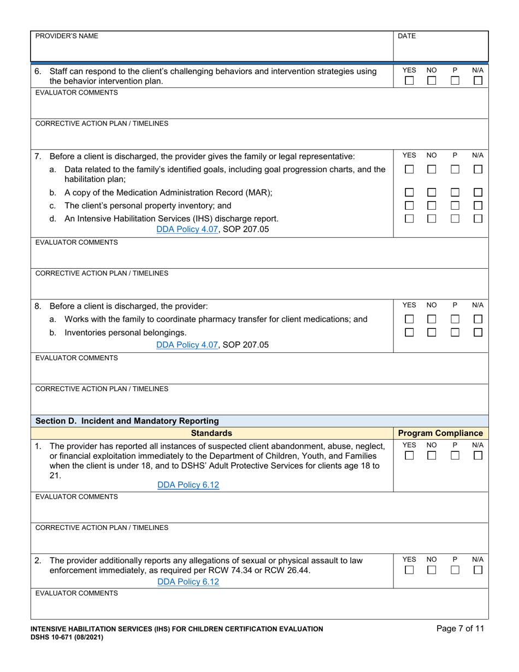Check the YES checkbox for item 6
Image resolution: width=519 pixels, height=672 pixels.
[x=409, y=81]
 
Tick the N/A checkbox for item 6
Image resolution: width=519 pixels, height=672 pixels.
[x=477, y=81]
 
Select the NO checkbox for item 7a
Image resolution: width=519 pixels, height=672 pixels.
[x=432, y=170]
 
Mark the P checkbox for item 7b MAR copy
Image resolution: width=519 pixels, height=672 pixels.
[x=455, y=193]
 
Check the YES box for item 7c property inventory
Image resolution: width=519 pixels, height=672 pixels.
[x=409, y=205]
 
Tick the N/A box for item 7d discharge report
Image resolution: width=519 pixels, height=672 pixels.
[x=477, y=219]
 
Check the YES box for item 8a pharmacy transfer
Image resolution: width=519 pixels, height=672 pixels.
[x=409, y=319]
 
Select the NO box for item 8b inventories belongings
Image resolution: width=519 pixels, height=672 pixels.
[x=432, y=332]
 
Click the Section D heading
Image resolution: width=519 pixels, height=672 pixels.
[x=127, y=421]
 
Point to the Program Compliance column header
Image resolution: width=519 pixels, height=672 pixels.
[x=441, y=433]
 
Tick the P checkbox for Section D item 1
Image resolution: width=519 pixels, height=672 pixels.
[x=455, y=456]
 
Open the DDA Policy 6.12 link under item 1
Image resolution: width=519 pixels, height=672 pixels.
[x=188, y=485]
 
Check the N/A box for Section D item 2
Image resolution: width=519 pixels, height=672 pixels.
[x=477, y=570]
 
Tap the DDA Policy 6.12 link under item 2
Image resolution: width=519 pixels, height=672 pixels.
[x=188, y=582]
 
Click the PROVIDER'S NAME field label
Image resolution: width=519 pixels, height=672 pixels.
[x=67, y=36]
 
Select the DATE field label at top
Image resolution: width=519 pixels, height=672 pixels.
[x=406, y=36]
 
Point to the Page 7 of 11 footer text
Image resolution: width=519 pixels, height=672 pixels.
[x=460, y=629]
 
